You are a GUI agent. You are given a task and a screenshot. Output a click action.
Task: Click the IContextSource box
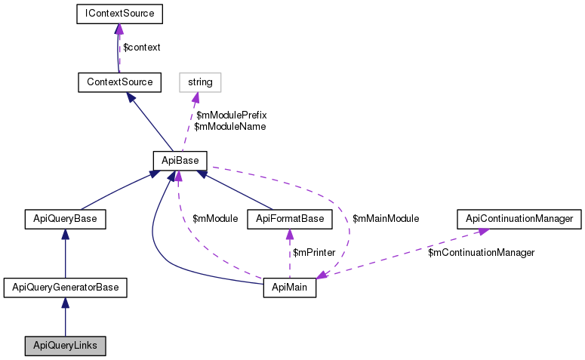point(120,14)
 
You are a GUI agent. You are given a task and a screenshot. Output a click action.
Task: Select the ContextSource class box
point(120,82)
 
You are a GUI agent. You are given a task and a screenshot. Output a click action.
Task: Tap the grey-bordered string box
point(200,82)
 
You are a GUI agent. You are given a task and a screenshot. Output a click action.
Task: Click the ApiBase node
point(180,161)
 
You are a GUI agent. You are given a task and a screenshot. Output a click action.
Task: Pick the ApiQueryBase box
point(65,219)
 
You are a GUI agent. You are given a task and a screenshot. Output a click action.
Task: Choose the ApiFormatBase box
point(290,219)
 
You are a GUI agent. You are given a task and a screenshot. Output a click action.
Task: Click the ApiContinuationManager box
point(519,219)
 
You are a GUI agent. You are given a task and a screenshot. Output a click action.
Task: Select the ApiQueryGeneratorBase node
point(65,288)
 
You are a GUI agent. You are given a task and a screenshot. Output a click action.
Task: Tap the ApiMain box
point(290,288)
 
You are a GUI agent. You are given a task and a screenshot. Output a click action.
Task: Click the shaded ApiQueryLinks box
point(65,346)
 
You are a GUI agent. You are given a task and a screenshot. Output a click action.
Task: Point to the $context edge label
point(142,48)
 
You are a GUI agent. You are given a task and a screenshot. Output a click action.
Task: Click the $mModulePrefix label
point(231,115)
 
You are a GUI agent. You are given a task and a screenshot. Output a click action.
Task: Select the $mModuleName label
point(229,127)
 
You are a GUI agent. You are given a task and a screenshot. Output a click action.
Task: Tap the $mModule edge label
point(215,219)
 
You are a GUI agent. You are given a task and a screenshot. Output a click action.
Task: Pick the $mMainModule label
point(386,219)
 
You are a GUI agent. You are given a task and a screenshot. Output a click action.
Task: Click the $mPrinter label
point(314,253)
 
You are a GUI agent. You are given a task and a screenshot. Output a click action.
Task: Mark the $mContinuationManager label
point(482,253)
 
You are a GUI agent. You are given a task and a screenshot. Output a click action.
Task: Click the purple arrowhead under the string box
point(195,97)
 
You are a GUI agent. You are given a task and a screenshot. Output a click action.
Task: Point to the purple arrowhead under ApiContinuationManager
point(483,232)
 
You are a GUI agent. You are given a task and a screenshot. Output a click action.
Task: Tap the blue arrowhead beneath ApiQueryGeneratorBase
point(65,303)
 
